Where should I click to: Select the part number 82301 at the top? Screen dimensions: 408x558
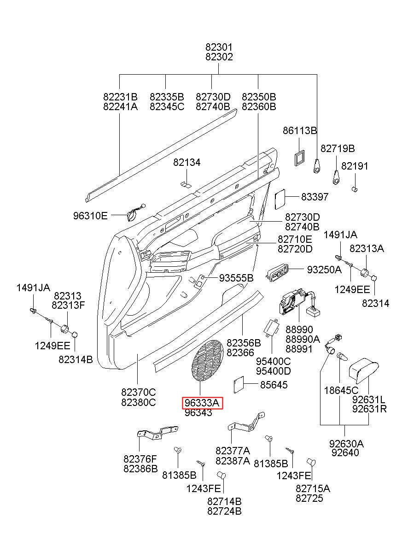pyautogui.click(x=219, y=47)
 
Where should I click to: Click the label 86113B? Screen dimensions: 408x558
pyautogui.click(x=300, y=130)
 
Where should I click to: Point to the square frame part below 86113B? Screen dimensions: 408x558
pyautogui.click(x=299, y=158)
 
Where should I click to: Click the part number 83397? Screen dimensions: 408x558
pyautogui.click(x=315, y=197)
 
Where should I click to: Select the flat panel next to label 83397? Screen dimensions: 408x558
pyautogui.click(x=280, y=199)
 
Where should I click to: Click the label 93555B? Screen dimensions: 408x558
pyautogui.click(x=236, y=278)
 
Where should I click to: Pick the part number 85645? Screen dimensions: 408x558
pyautogui.click(x=274, y=385)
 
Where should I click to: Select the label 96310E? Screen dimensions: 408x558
pyautogui.click(x=90, y=216)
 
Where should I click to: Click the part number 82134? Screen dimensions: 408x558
pyautogui.click(x=187, y=162)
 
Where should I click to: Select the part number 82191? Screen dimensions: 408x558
pyautogui.click(x=355, y=166)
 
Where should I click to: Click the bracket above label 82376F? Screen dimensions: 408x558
pyautogui.click(x=157, y=434)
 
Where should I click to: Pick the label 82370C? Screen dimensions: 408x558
pyautogui.click(x=139, y=392)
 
